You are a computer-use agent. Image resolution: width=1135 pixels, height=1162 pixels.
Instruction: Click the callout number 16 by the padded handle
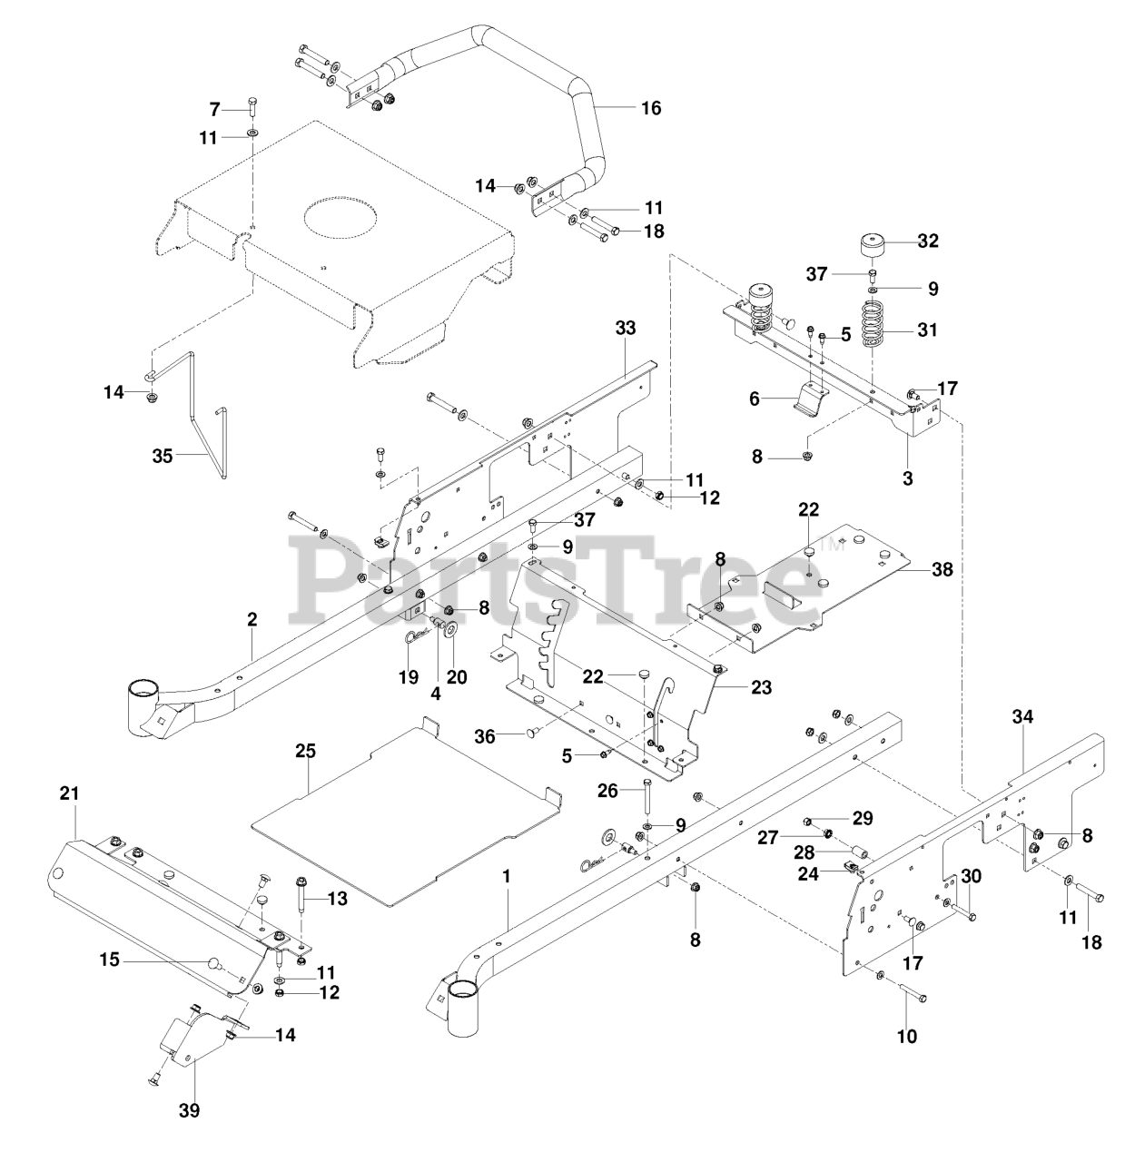click(x=651, y=108)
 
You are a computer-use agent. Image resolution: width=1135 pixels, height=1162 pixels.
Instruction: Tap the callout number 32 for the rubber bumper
click(x=928, y=241)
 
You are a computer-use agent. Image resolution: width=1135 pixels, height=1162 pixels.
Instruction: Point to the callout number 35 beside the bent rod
click(x=163, y=456)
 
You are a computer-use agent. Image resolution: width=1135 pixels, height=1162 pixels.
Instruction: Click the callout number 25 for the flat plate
click(x=306, y=752)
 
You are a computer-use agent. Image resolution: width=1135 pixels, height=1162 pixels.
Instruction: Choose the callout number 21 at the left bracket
click(x=70, y=793)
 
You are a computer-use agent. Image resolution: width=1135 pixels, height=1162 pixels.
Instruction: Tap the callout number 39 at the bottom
click(x=190, y=1110)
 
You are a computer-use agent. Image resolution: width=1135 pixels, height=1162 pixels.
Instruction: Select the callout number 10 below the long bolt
click(x=906, y=1036)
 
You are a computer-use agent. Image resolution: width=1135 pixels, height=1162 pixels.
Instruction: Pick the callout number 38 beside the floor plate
click(x=943, y=571)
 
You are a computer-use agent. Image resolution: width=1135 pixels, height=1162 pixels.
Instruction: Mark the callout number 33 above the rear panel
click(x=626, y=328)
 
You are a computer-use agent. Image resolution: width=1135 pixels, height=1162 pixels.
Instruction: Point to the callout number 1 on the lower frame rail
click(x=506, y=877)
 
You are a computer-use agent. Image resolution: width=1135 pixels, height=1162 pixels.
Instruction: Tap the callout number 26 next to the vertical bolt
click(x=607, y=791)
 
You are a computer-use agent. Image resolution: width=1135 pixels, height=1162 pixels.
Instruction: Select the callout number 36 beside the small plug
click(x=486, y=736)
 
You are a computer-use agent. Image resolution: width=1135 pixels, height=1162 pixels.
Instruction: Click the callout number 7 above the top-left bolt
click(x=215, y=109)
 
